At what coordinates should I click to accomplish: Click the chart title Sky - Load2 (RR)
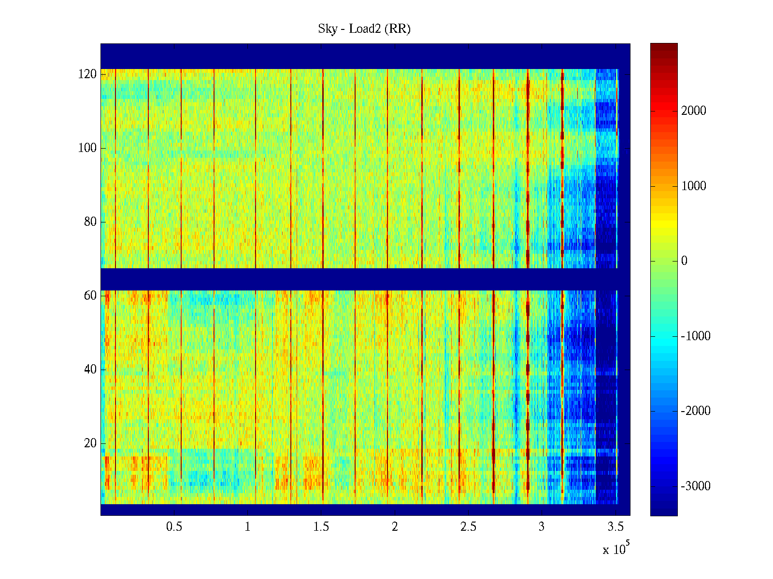coord(364,29)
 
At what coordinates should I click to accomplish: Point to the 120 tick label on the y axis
coord(87,74)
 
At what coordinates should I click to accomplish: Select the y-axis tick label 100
coord(87,148)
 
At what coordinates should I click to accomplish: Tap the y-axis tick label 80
coord(90,222)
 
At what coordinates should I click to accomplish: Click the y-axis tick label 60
coord(90,296)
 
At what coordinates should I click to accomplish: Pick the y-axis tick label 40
coord(90,370)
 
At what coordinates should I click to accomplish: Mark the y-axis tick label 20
coord(90,443)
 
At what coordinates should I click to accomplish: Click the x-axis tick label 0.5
coord(174,527)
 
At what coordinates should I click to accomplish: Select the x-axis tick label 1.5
coord(321,527)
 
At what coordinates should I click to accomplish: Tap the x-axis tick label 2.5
coord(468,527)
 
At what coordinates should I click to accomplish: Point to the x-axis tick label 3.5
coord(616,527)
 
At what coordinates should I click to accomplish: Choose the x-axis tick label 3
coord(542,527)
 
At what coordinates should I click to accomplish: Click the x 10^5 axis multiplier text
coord(616,549)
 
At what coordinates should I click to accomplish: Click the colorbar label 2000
coord(694,111)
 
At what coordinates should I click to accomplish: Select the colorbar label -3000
coord(696,486)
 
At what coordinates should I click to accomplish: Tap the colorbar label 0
coord(684,261)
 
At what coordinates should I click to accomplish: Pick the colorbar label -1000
coord(696,336)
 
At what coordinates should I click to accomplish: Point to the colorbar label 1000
coord(694,186)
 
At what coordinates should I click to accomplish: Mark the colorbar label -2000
coord(696,411)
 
